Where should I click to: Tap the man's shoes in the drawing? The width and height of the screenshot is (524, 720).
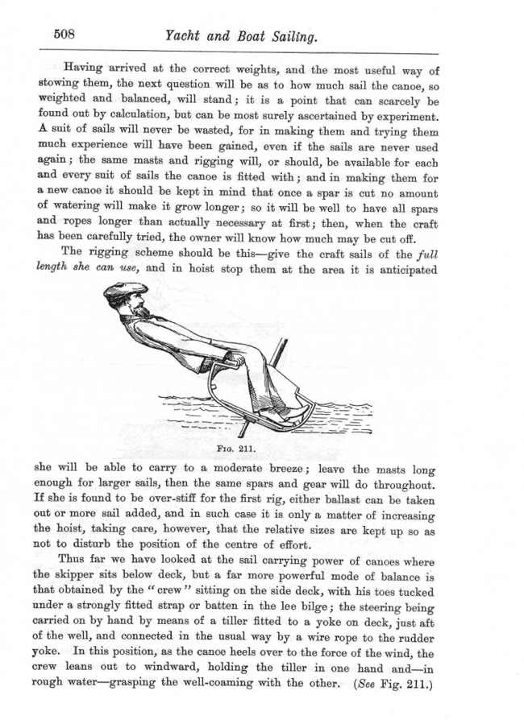296,413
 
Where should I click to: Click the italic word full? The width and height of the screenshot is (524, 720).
424,252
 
